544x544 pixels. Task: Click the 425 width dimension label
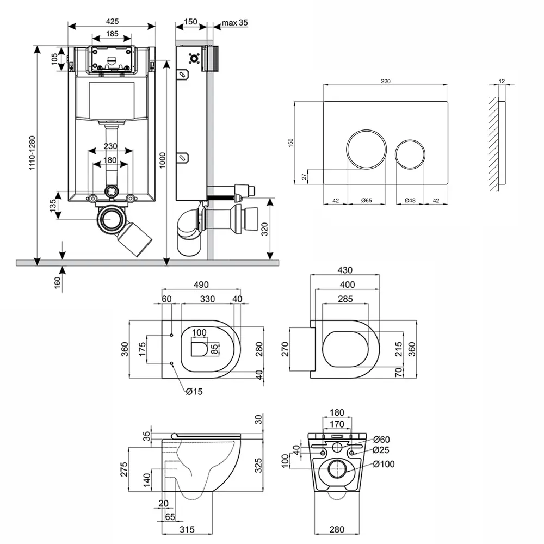(112, 21)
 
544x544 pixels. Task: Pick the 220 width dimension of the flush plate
(386, 81)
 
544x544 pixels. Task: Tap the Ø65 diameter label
(367, 201)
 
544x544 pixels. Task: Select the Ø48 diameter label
(410, 201)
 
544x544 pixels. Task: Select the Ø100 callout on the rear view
(384, 464)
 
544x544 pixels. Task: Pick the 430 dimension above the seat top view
(345, 270)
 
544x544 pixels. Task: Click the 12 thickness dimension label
(502, 81)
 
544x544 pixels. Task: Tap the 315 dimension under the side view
(187, 528)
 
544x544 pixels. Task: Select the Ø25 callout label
(382, 450)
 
